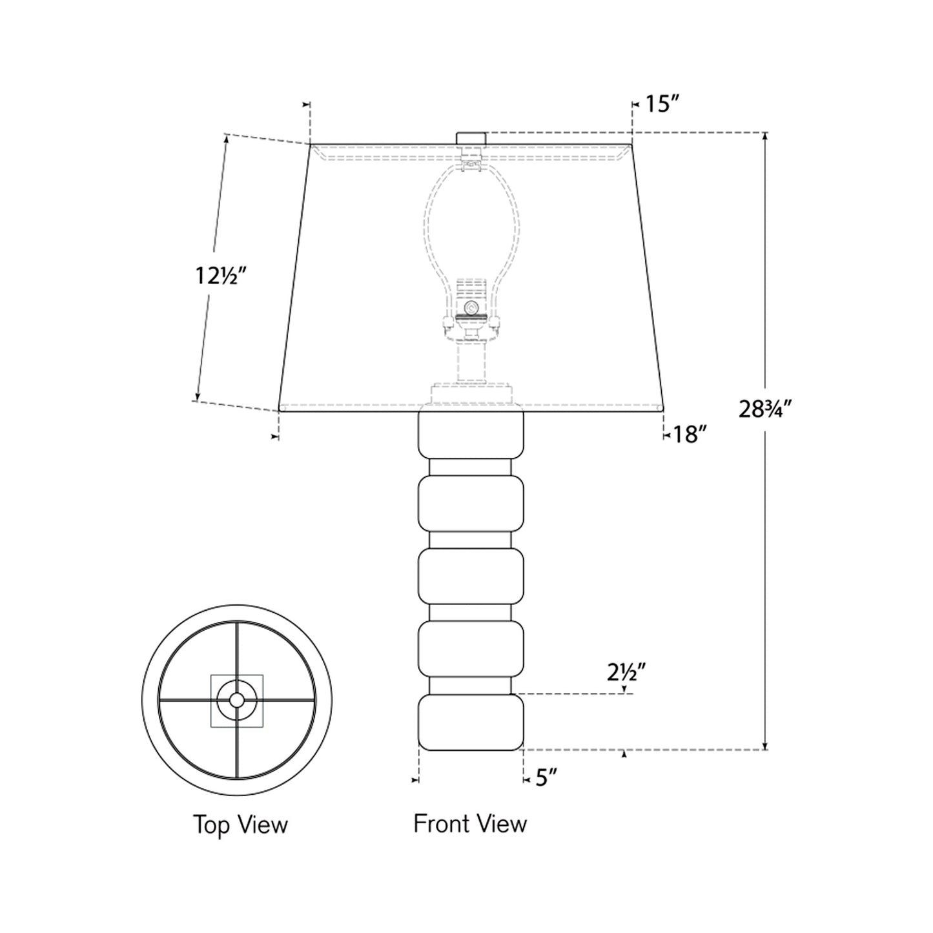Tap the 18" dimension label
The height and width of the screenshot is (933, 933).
click(x=686, y=435)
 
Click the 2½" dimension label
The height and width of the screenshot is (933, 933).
click(x=626, y=673)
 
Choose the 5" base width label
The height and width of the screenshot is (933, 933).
click(x=546, y=779)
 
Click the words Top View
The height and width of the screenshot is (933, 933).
click(x=240, y=825)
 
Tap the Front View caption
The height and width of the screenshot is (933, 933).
click(x=470, y=824)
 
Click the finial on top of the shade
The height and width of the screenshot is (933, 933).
click(x=471, y=138)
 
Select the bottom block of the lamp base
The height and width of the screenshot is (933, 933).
click(x=471, y=722)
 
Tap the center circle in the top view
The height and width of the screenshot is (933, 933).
click(x=236, y=699)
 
